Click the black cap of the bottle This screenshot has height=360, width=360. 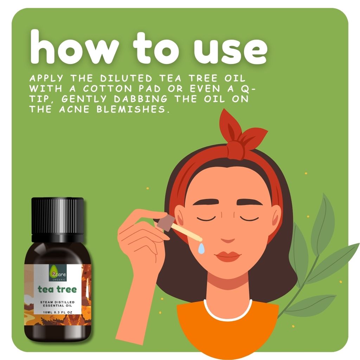click(x=58, y=215)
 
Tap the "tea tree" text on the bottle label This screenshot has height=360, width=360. click(x=57, y=290)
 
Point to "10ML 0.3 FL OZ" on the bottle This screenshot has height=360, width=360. click(x=58, y=312)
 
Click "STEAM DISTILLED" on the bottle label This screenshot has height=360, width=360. click(x=58, y=302)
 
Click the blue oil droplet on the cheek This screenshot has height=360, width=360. click(x=201, y=249)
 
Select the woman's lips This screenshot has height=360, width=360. click(x=227, y=256)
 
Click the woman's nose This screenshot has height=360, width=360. click(x=228, y=237)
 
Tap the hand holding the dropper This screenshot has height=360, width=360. click(x=141, y=239)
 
